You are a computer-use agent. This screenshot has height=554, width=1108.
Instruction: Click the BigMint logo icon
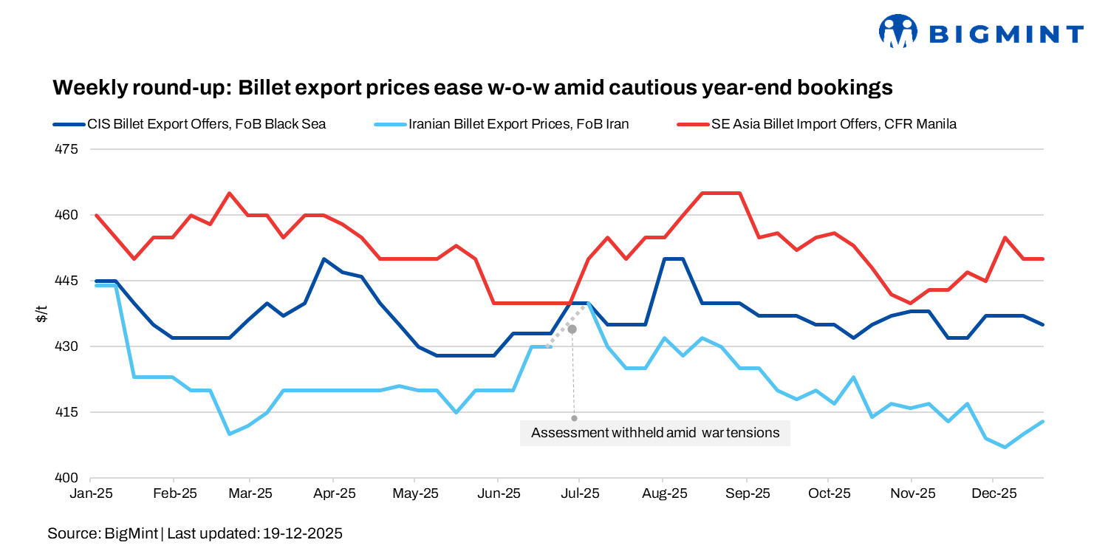[897, 32]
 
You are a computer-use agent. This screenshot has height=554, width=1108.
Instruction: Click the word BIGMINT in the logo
[1005, 34]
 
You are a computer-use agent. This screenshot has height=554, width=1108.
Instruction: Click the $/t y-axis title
[42, 314]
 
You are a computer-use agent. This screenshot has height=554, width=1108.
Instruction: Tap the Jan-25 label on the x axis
[92, 493]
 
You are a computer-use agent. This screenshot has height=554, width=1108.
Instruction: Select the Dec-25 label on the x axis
[992, 493]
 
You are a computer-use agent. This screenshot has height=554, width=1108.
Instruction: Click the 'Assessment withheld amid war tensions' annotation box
[655, 433]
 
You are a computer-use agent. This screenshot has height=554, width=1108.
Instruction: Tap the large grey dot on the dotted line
[572, 329]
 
